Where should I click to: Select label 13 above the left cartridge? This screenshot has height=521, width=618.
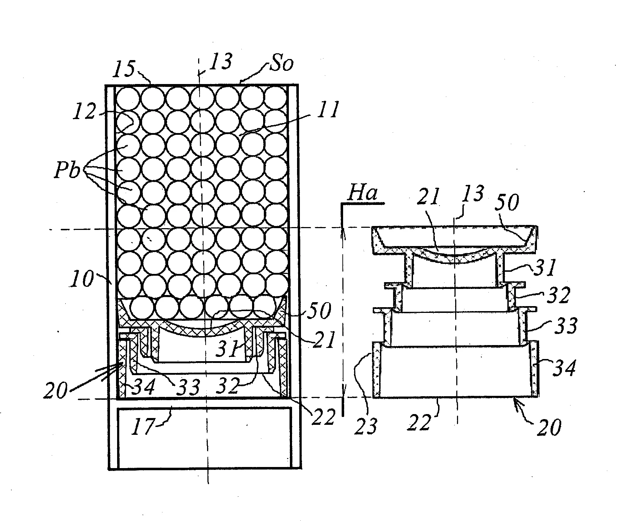pos(220,61)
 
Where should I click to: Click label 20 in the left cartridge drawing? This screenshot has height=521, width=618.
pos(56,390)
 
